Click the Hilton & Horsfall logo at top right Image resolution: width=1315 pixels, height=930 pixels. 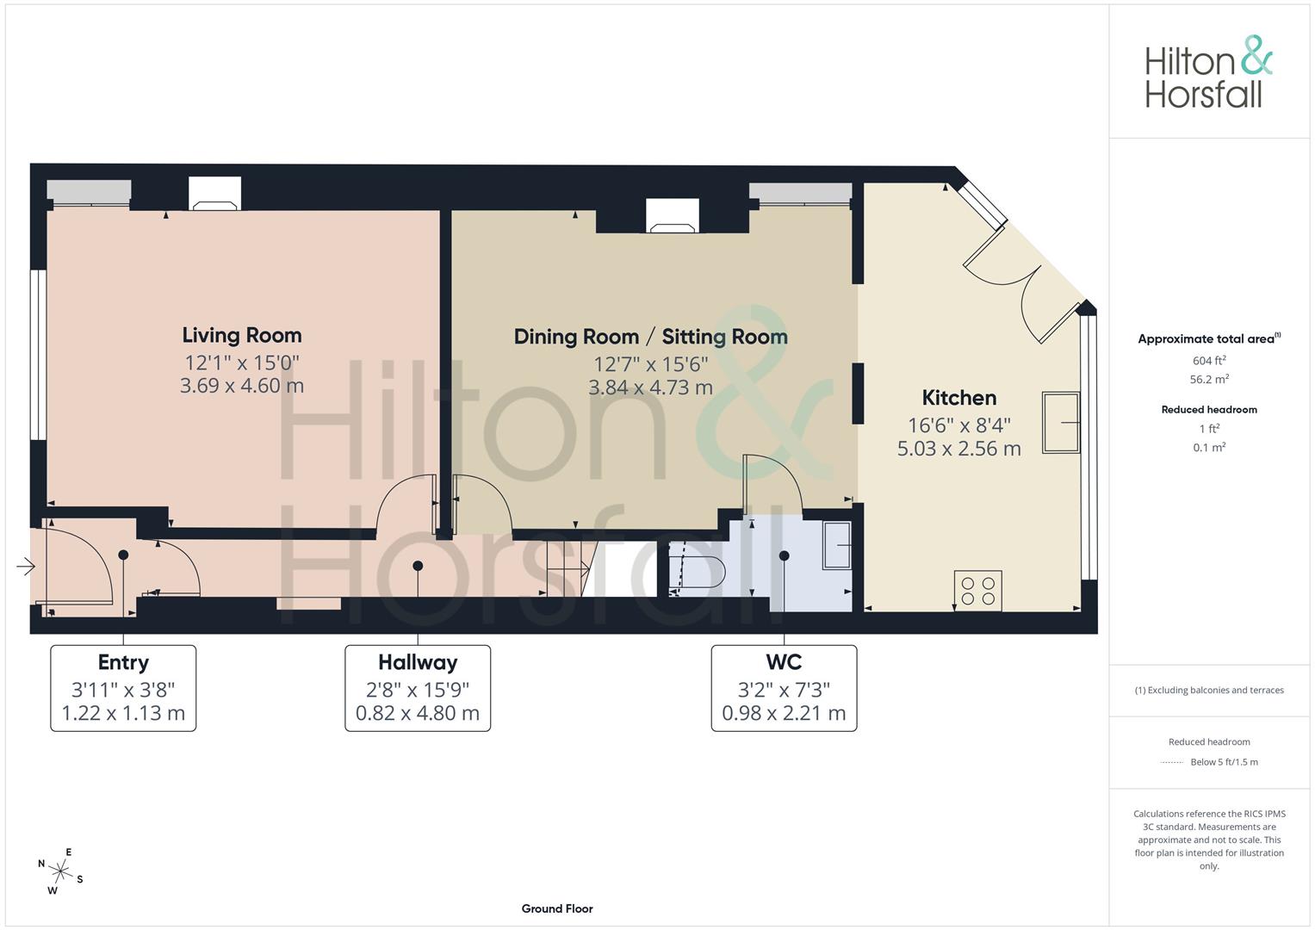point(1208,72)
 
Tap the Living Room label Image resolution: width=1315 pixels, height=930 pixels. point(241,335)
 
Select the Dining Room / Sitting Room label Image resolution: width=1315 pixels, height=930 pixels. point(650,337)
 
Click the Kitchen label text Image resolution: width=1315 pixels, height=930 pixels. point(958,398)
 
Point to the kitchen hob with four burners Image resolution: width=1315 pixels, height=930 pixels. point(977,591)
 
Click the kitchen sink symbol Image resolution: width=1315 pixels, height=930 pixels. point(1060,422)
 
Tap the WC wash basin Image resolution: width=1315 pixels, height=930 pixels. point(836,546)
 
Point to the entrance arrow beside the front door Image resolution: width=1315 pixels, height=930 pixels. point(25,567)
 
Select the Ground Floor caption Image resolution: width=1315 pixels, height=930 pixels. point(556,908)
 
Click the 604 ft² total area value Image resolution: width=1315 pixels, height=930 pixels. point(1209,361)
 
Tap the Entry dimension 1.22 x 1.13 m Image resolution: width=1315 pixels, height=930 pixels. point(123,713)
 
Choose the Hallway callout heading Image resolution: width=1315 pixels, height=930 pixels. point(418,662)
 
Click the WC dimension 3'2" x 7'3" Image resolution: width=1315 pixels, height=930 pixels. point(784,690)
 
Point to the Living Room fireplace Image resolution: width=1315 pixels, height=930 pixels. point(214,195)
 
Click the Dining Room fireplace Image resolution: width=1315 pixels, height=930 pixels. point(673,217)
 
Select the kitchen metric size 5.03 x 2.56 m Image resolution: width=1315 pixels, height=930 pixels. point(958,449)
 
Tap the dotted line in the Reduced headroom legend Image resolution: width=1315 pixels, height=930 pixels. point(1172,762)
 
